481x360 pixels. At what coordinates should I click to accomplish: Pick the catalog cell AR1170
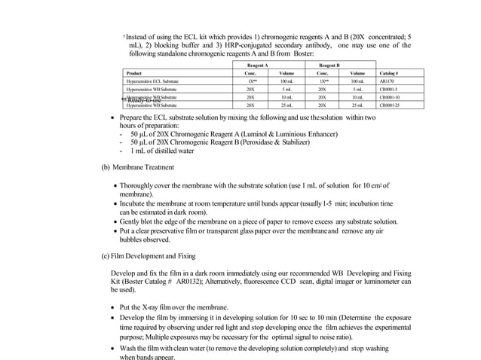pos(387,81)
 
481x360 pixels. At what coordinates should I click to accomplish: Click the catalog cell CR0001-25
pos(390,105)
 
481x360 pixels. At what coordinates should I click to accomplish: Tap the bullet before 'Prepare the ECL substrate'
pos(113,120)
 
